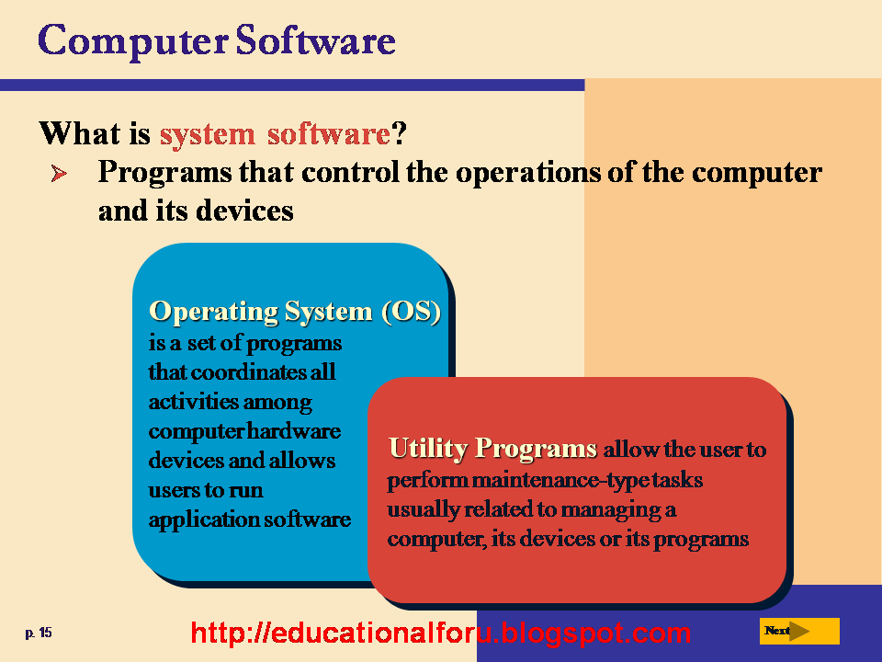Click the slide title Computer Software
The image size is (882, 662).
pos(217,41)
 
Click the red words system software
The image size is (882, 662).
pos(275,134)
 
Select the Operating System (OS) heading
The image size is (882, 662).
pos(294,312)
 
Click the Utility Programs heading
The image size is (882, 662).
pos(492,449)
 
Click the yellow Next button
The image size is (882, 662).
pos(799,631)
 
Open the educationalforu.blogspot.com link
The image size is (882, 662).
pos(441,633)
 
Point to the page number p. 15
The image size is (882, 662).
pos(39,633)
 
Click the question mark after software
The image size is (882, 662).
pos(399,134)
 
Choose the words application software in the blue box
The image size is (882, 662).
pos(250,519)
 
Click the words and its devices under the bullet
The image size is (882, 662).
pos(196,211)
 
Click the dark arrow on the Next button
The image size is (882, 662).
pos(801,631)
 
